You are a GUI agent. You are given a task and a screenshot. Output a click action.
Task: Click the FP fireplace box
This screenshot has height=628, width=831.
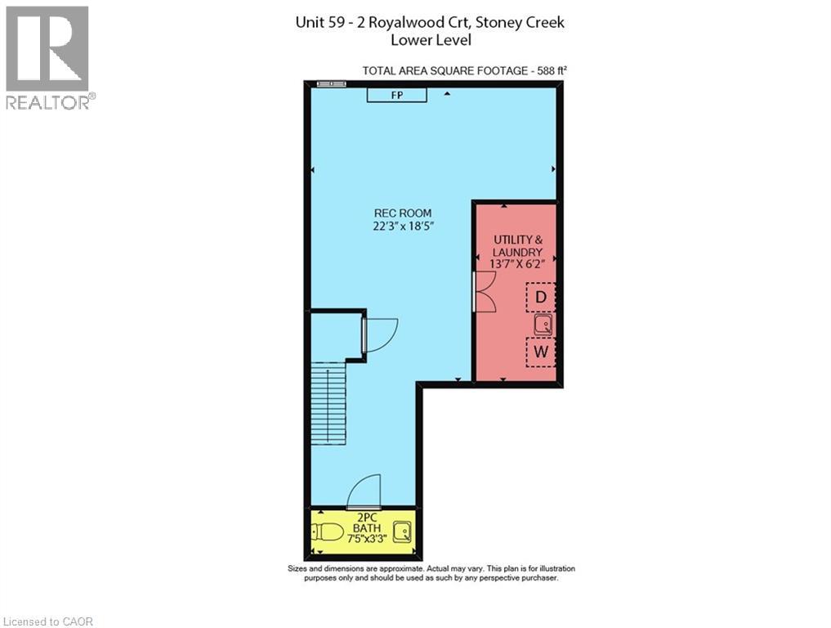pos(396,96)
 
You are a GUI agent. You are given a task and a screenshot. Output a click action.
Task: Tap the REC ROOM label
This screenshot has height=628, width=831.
pos(399,213)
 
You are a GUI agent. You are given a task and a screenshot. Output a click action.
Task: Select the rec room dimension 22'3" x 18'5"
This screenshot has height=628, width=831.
pos(399,227)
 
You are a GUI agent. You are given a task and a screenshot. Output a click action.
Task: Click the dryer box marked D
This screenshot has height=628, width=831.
pos(540,296)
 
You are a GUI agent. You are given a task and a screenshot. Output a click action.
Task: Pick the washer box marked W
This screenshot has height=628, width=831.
pos(540,353)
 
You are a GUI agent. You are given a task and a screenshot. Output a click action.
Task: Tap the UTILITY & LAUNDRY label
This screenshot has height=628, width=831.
pos(516,244)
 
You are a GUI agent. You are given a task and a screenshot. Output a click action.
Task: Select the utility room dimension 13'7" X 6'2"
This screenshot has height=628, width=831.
pos(516,263)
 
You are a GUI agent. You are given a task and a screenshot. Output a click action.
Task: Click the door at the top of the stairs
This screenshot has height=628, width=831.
pos(379,335)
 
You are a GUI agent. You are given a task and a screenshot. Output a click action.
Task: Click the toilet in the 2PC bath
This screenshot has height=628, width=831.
pos(328,533)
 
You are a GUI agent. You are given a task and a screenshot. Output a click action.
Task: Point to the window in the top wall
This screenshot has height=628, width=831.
pos(329,83)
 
